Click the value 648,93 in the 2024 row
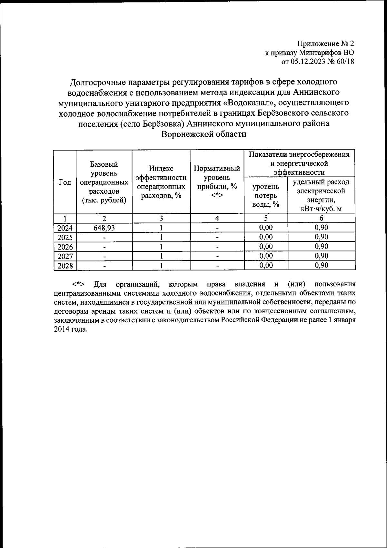click(x=104, y=228)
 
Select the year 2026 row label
click(x=65, y=247)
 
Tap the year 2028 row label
click(x=65, y=266)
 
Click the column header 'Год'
click(x=65, y=182)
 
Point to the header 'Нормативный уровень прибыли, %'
click(x=217, y=182)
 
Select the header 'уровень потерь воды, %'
click(x=266, y=195)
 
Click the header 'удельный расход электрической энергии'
click(x=321, y=195)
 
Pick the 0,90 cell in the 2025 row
click(x=321, y=237)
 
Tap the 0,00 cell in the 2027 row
click(x=266, y=256)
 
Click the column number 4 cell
click(x=217, y=218)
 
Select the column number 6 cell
click(x=321, y=218)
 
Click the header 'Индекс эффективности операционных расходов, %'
click(x=161, y=182)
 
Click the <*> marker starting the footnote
click(x=78, y=284)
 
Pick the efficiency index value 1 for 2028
click(x=161, y=266)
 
